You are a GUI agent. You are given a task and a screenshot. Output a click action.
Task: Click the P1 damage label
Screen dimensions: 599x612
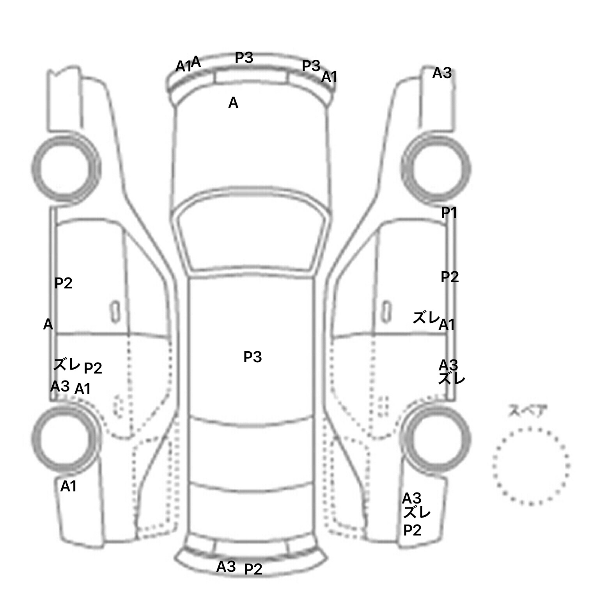(x=449, y=213)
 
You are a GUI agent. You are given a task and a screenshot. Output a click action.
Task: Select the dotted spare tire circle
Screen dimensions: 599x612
(x=531, y=465)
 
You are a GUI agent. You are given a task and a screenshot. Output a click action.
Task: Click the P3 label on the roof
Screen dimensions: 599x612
(x=252, y=357)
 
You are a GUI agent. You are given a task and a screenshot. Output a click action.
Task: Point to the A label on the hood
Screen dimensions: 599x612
(x=233, y=103)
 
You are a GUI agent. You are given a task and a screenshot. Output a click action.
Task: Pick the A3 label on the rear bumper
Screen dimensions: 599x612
(x=226, y=566)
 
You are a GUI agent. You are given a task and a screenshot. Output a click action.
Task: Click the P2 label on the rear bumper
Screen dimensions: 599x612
(x=253, y=569)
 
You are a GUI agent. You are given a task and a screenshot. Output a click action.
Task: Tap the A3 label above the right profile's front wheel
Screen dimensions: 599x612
(x=442, y=73)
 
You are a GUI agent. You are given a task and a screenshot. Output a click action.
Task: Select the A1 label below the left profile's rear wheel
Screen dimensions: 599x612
(x=68, y=486)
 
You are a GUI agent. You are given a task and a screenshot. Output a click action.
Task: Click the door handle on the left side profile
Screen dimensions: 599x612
(x=115, y=312)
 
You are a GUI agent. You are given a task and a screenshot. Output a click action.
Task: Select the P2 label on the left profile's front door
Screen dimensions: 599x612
(x=63, y=283)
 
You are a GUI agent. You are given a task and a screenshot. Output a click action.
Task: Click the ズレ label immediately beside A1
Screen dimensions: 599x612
(x=426, y=318)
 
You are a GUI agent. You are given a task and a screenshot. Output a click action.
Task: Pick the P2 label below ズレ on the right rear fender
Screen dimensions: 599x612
(x=412, y=530)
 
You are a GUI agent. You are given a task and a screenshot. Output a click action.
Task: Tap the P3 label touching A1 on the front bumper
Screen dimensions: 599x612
(x=311, y=66)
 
